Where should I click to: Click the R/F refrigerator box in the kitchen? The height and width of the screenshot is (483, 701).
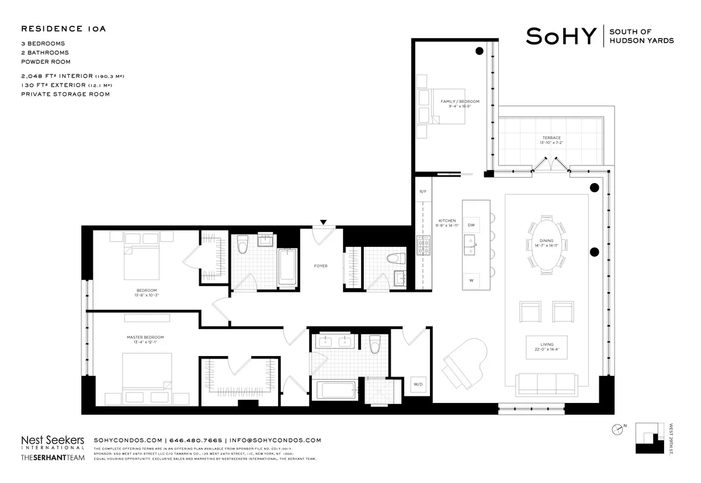point(422,192)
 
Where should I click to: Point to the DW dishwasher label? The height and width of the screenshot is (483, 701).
point(471,225)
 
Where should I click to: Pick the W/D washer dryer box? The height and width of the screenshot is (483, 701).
point(418,384)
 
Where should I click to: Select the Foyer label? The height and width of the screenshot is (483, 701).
point(321,266)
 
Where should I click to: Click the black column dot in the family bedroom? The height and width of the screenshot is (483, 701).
point(479,51)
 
